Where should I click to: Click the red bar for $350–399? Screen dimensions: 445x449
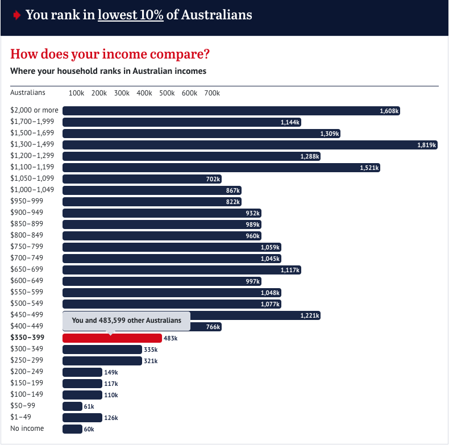tap(112, 338)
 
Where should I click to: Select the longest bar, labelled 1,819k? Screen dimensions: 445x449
tap(250, 145)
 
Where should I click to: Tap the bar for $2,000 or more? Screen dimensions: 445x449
tap(231, 111)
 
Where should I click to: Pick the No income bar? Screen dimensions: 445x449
tap(72, 429)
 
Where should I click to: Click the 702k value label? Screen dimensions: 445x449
tap(213, 179)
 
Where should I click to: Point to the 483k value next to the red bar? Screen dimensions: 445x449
tap(171, 338)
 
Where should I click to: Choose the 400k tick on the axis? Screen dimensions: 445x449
tap(144, 93)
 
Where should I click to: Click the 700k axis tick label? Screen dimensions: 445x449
tap(212, 93)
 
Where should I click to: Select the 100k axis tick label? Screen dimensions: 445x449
tap(76, 93)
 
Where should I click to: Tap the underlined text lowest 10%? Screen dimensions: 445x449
tap(131, 15)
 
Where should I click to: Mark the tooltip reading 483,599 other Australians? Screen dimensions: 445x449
tap(126, 321)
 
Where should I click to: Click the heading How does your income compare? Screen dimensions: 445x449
tap(110, 55)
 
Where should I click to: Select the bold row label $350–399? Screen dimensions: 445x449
tap(28, 338)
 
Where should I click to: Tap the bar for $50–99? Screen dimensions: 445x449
tap(72, 406)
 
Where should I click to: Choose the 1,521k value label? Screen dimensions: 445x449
tap(369, 168)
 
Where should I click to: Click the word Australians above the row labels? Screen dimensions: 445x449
tap(28, 93)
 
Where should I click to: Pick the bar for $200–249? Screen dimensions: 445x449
tap(82, 372)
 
